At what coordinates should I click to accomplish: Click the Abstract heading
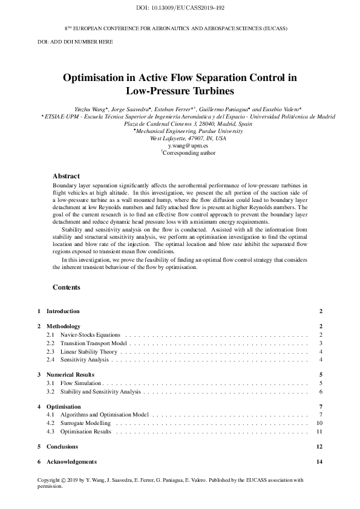[x=66, y=176]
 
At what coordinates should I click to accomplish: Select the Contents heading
[x=66, y=287]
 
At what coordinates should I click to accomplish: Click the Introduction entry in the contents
[x=63, y=311]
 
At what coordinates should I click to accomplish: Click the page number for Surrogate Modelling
[x=319, y=423]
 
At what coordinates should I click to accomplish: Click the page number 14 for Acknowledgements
[x=319, y=462]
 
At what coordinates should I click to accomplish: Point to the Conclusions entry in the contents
[x=62, y=447]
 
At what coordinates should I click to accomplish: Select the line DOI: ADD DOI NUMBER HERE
[x=75, y=42]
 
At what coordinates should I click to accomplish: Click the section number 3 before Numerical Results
[x=39, y=375]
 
